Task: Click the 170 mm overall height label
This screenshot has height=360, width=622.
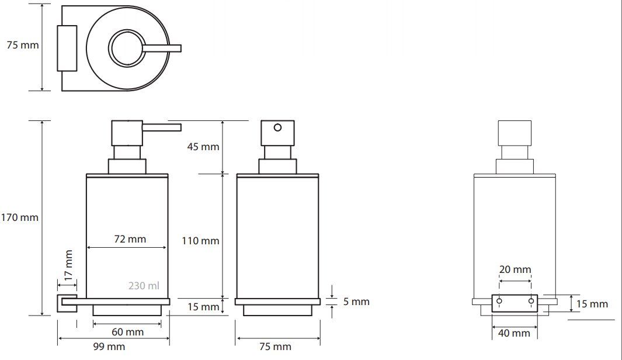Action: click(x=19, y=217)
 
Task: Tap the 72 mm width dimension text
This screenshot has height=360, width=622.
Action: click(x=130, y=239)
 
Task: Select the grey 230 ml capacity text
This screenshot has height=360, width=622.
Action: click(x=144, y=286)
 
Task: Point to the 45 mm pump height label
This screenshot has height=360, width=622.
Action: click(x=203, y=147)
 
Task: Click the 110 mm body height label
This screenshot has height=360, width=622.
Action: click(x=200, y=241)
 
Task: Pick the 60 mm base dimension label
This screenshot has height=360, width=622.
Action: click(x=127, y=332)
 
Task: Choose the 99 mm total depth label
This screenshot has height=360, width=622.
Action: click(x=109, y=347)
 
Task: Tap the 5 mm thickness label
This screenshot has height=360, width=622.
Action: click(x=356, y=302)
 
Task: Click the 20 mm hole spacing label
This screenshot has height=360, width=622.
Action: click(x=515, y=269)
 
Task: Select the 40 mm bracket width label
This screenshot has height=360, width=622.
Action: click(x=514, y=333)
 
